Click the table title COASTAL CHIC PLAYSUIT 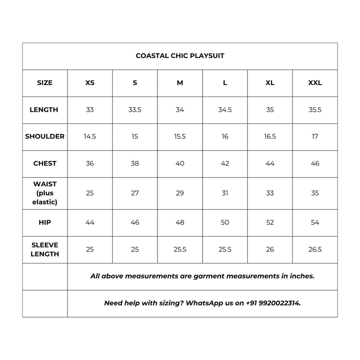pyautogui.click(x=180, y=56)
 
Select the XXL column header pyautogui.click(x=315, y=83)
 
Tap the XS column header pyautogui.click(x=90, y=83)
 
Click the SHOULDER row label pyautogui.click(x=45, y=136)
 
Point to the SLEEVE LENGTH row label pyautogui.click(x=45, y=250)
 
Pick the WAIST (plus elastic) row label pyautogui.click(x=45, y=193)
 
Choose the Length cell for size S pyautogui.click(x=135, y=110)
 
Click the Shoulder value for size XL pyautogui.click(x=270, y=136)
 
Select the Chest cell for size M pyautogui.click(x=180, y=163)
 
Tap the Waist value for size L pyautogui.click(x=225, y=193)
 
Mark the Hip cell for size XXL pyautogui.click(x=315, y=223)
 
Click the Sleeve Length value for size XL pyautogui.click(x=270, y=250)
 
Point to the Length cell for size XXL pyautogui.click(x=315, y=110)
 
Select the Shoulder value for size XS pyautogui.click(x=90, y=136)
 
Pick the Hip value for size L pyautogui.click(x=225, y=223)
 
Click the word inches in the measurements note pyautogui.click(x=302, y=276)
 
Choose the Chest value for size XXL pyautogui.click(x=315, y=163)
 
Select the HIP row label pyautogui.click(x=45, y=223)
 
